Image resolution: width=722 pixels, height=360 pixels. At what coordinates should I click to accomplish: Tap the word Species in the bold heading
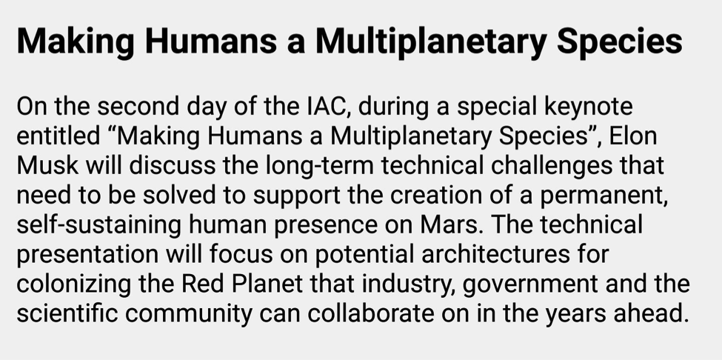pos(619,42)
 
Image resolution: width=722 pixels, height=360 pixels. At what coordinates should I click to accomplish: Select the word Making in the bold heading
pos(76,42)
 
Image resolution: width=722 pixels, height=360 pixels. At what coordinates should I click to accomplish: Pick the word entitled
pos(58,136)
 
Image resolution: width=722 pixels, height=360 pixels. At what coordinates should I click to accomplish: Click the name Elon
pos(633,136)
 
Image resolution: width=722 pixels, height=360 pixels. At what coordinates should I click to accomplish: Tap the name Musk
pos(48,166)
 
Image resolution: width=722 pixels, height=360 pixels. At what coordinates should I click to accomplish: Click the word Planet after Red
pos(267,284)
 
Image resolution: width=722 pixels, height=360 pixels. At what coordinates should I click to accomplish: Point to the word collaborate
pos(371,313)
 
